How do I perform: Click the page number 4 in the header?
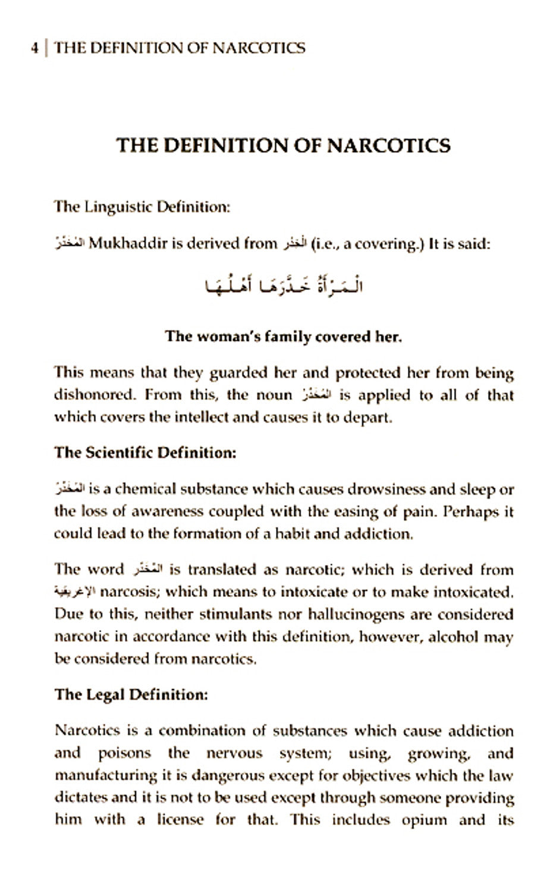pos(34,48)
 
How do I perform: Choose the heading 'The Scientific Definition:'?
pos(145,453)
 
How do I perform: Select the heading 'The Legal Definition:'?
pos(131,694)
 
